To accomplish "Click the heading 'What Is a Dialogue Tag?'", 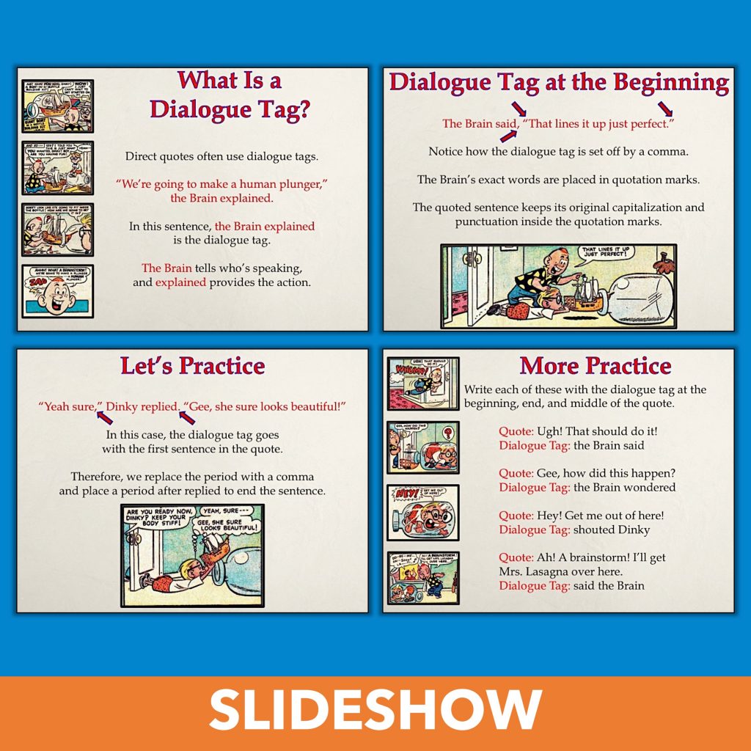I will pos(230,94).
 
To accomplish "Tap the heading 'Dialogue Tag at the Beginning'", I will pos(559,82).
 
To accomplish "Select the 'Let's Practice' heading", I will pos(193,365).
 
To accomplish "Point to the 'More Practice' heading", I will pos(595,365).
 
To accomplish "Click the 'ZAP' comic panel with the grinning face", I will pos(57,291).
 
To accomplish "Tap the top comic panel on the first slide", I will pos(57,106).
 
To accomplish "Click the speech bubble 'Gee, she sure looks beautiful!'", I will pos(227,526).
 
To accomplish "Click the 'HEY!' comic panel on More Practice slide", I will pos(423,512).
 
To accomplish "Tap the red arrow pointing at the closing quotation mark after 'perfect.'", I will pos(665,109).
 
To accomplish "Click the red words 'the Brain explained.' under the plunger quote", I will pos(221,199).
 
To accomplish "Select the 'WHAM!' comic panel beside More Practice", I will pos(423,384).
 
